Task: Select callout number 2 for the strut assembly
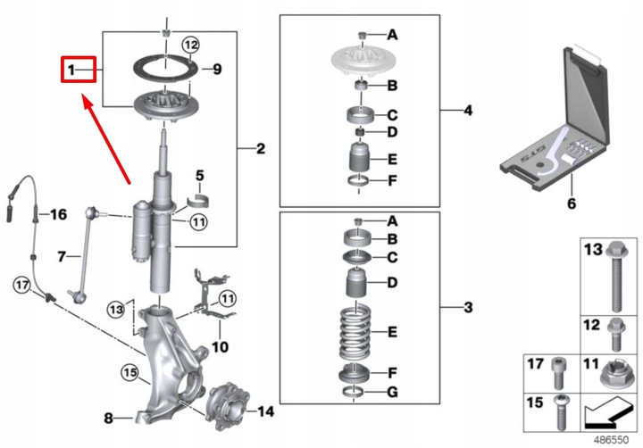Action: point(261,147)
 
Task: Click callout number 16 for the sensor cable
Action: point(57,214)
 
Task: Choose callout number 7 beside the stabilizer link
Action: point(63,257)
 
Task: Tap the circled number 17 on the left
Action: point(22,285)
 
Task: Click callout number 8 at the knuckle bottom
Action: point(108,417)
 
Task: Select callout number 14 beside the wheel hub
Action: point(265,411)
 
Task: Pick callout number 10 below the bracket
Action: point(221,344)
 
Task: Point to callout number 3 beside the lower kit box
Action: point(467,308)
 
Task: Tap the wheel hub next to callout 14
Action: point(225,408)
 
